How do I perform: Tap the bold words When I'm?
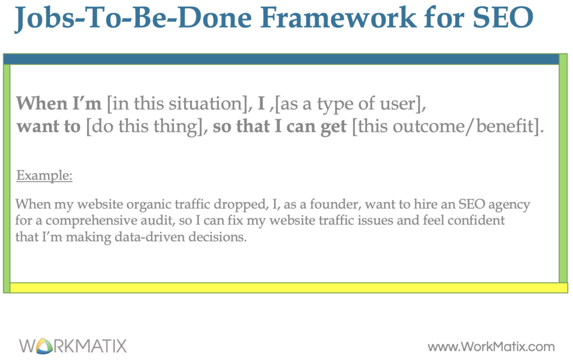[59, 104]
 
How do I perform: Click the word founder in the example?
[300, 204]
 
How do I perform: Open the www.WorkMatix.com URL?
[491, 346]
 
